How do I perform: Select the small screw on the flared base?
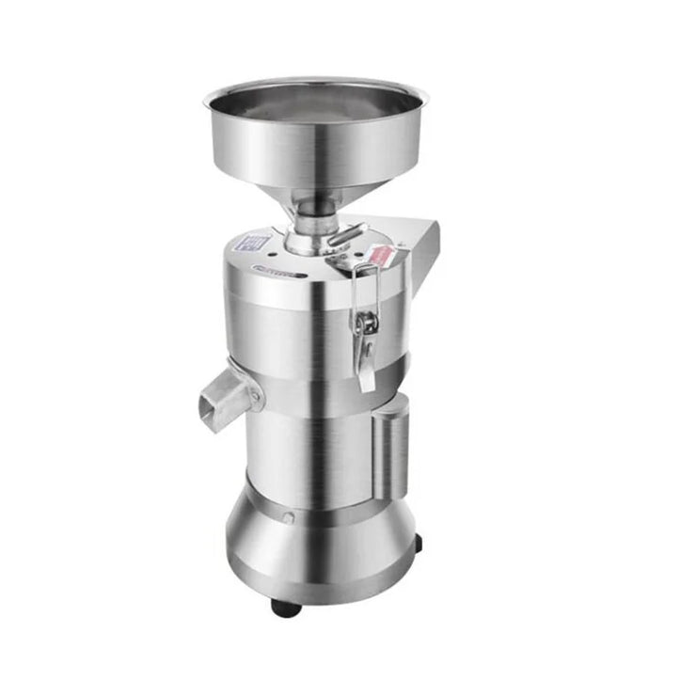pos(287,517)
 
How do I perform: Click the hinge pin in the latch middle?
pos(365,323)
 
